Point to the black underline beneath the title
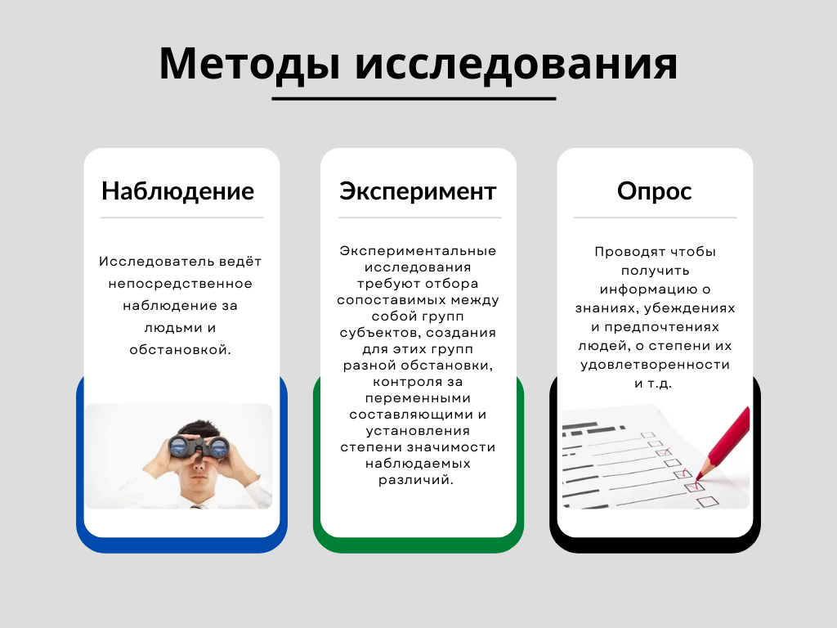[414, 99]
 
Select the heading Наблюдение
[177, 191]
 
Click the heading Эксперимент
[418, 191]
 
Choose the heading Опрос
[655, 191]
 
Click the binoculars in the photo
[199, 446]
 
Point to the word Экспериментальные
[418, 251]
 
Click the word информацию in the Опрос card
[650, 289]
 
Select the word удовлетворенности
[655, 365]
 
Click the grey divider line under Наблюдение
[181, 218]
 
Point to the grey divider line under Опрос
[655, 218]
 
